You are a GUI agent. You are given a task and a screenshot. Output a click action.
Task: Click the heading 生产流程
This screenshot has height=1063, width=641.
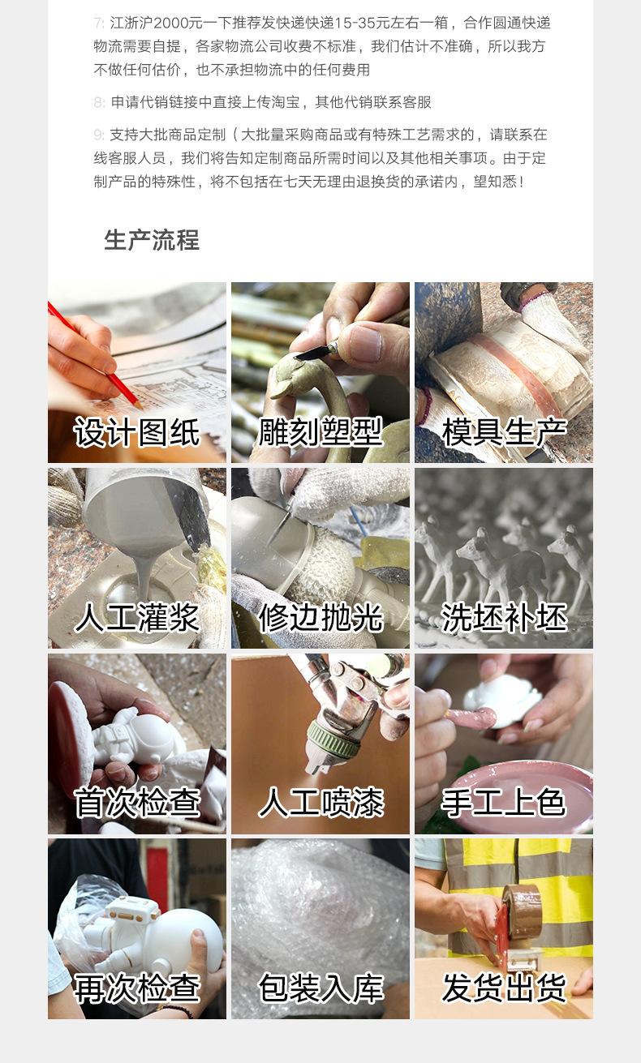pyautogui.click(x=152, y=240)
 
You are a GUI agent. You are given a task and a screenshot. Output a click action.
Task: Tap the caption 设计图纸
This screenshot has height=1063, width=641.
pyautogui.click(x=137, y=432)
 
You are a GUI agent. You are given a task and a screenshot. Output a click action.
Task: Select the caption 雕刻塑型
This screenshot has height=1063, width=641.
pyautogui.click(x=320, y=432)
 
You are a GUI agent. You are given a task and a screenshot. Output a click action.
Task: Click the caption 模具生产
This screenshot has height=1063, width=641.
pyautogui.click(x=504, y=432)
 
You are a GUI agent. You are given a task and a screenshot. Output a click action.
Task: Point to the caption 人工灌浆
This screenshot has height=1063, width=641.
pyautogui.click(x=137, y=618)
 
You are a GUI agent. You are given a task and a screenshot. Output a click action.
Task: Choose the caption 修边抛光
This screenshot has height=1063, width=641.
pyautogui.click(x=320, y=618)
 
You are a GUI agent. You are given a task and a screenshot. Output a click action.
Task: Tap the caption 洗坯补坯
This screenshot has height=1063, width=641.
pyautogui.click(x=504, y=618)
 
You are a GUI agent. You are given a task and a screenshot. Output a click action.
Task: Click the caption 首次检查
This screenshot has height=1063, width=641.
pyautogui.click(x=137, y=803)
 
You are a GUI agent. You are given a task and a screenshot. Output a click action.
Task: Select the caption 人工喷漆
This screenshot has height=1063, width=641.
pyautogui.click(x=320, y=803)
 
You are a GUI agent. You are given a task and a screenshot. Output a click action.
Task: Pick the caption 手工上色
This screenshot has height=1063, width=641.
pyautogui.click(x=504, y=803)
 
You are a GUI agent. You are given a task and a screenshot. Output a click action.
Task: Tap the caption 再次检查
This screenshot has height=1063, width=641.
pyautogui.click(x=137, y=988)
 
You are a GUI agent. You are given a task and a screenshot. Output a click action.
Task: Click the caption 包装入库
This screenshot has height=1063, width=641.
pyautogui.click(x=320, y=988)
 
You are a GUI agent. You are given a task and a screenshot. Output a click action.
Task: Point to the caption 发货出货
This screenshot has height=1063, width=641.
pyautogui.click(x=504, y=988)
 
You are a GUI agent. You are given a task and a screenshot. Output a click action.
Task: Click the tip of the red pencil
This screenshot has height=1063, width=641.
pyautogui.click(x=141, y=408)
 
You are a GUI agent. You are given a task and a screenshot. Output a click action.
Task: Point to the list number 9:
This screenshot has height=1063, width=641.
pyautogui.click(x=99, y=135)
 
